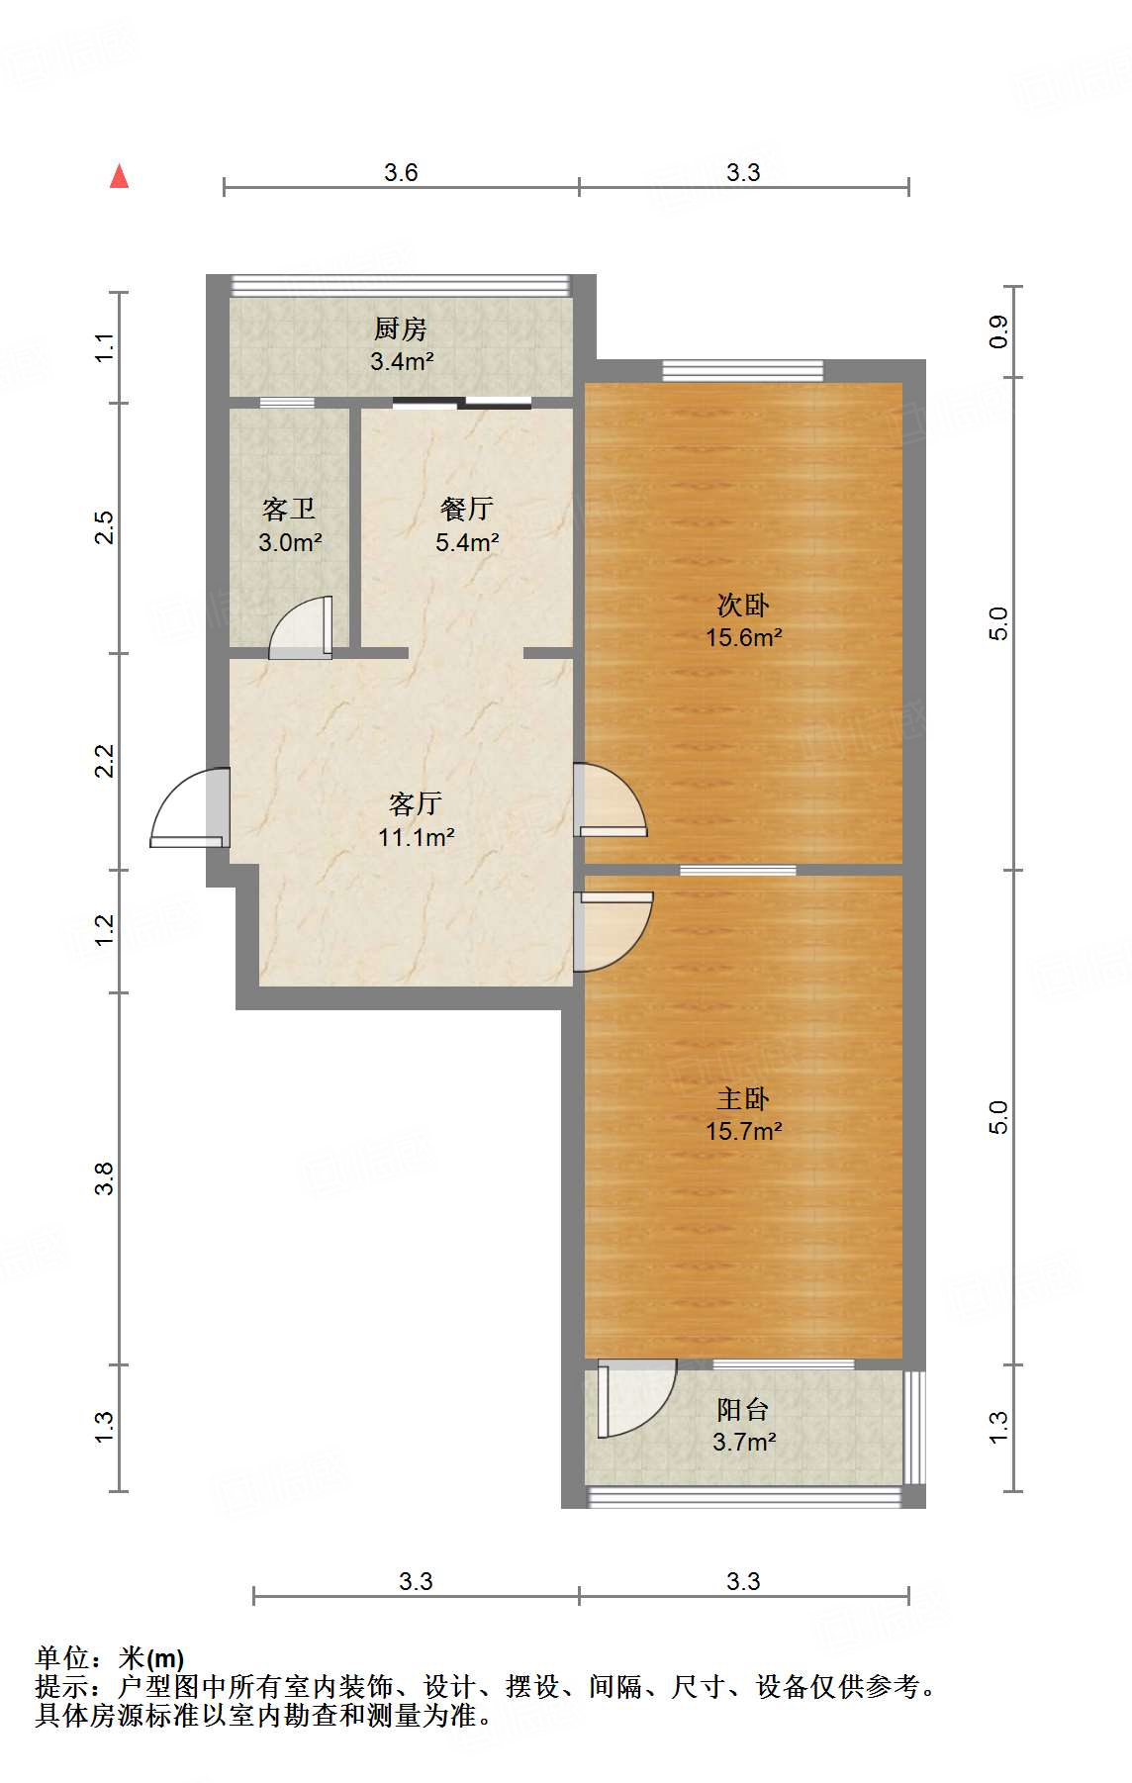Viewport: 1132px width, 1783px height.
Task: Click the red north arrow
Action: pos(120,177)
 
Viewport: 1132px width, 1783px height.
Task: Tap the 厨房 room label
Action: pos(401,328)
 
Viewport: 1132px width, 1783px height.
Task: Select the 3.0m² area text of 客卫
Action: pos(290,542)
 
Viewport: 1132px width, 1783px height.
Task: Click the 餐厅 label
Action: pos(466,509)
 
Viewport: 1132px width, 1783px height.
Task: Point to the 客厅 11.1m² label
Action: pos(416,820)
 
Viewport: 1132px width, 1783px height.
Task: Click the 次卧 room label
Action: pos(743,605)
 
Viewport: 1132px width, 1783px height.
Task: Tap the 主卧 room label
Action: pos(743,1098)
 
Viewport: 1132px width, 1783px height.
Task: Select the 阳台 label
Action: pos(743,1409)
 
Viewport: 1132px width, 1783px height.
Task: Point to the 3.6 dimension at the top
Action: pos(401,172)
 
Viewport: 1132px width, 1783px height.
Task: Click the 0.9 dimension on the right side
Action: pos(998,330)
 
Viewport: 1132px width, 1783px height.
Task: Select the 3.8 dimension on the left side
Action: pos(105,1177)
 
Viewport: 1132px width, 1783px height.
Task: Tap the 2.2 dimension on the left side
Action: pos(105,760)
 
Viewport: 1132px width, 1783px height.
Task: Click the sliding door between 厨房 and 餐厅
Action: pos(462,403)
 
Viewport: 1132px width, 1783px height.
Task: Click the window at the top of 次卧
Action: pos(742,371)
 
